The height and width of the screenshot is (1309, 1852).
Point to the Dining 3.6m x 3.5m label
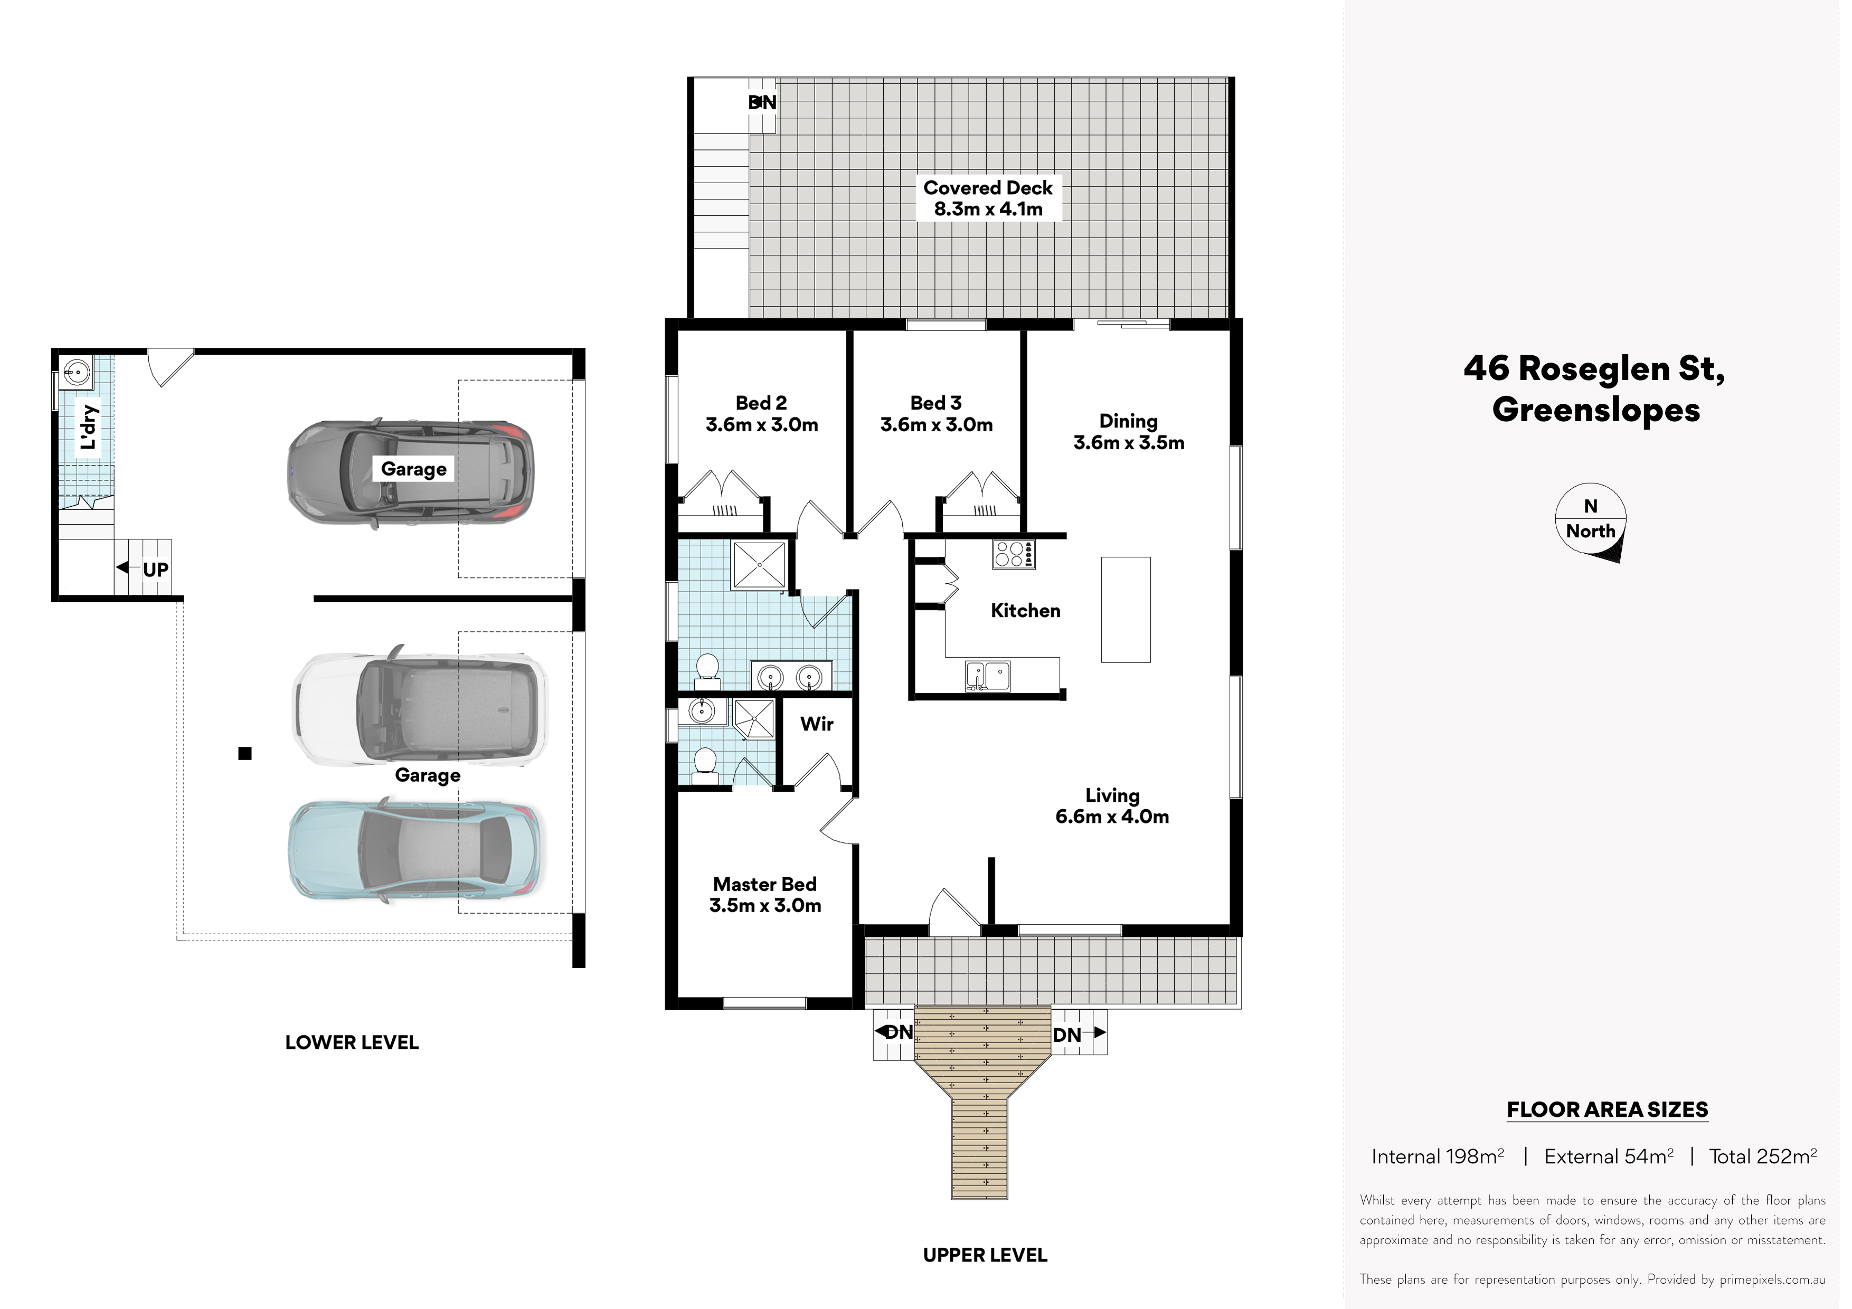[1128, 431]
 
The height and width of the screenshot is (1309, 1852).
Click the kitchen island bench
[1126, 610]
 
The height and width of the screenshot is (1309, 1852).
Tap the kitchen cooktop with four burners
[1013, 554]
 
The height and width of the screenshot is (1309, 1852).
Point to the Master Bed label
[764, 895]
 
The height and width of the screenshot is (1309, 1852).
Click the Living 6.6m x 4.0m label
[1112, 806]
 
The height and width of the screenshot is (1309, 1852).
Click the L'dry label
[88, 428]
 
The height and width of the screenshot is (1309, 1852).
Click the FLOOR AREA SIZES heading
[1608, 1110]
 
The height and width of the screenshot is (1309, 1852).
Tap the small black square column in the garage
[245, 753]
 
